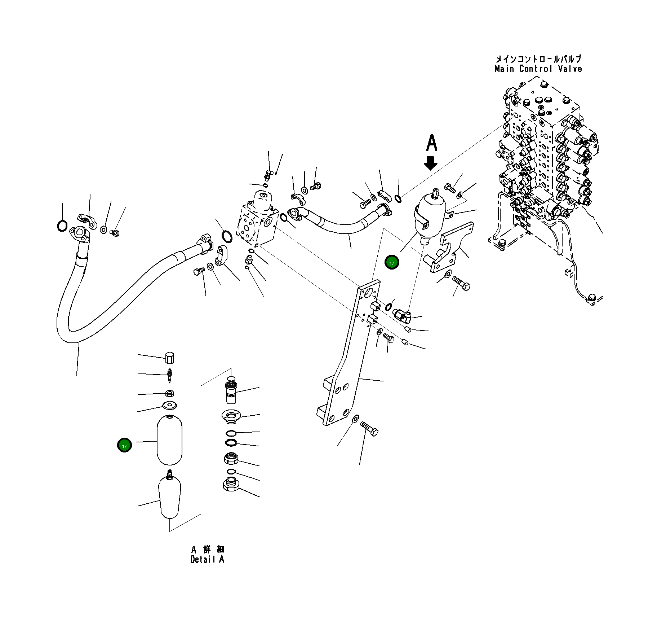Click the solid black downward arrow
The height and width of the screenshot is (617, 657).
tap(430, 163)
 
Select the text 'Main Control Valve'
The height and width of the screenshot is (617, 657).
tap(538, 69)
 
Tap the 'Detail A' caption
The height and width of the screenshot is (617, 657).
tap(207, 559)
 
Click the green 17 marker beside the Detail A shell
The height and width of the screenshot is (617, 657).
tap(124, 446)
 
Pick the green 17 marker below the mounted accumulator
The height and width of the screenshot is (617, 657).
tap(392, 263)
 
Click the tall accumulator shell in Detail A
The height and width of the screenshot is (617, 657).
tap(169, 440)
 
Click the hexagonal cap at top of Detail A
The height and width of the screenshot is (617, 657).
tap(169, 358)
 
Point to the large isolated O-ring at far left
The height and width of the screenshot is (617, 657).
tap(62, 226)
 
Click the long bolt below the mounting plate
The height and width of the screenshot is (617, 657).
tap(369, 429)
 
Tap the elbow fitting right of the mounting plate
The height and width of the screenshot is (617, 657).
tap(401, 315)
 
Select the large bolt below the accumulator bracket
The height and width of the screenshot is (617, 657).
tap(461, 284)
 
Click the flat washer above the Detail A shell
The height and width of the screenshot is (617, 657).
tap(169, 405)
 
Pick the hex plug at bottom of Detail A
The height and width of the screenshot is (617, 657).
tap(231, 484)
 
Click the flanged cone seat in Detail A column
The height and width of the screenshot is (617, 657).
tap(231, 417)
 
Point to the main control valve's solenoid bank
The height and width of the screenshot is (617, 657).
tap(573, 162)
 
